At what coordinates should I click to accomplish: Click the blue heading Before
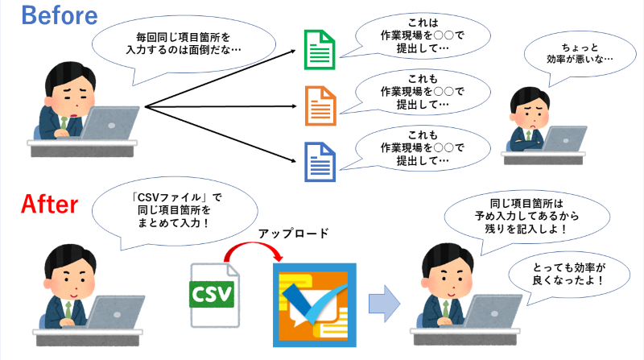60,16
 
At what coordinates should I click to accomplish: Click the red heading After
49,205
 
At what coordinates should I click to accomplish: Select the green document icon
320,50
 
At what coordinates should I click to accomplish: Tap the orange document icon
320,106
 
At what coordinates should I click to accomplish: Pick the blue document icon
320,162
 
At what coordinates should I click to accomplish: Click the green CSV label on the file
212,294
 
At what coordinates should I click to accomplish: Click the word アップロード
293,233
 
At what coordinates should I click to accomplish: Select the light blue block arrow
384,304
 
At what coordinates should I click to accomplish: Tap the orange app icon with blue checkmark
315,305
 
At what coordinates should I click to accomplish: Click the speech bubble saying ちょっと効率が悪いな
580,56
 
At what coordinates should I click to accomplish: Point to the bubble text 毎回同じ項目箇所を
184,37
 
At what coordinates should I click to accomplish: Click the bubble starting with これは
422,35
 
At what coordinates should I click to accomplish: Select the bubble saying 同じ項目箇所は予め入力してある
526,217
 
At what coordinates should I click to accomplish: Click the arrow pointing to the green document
220,78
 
